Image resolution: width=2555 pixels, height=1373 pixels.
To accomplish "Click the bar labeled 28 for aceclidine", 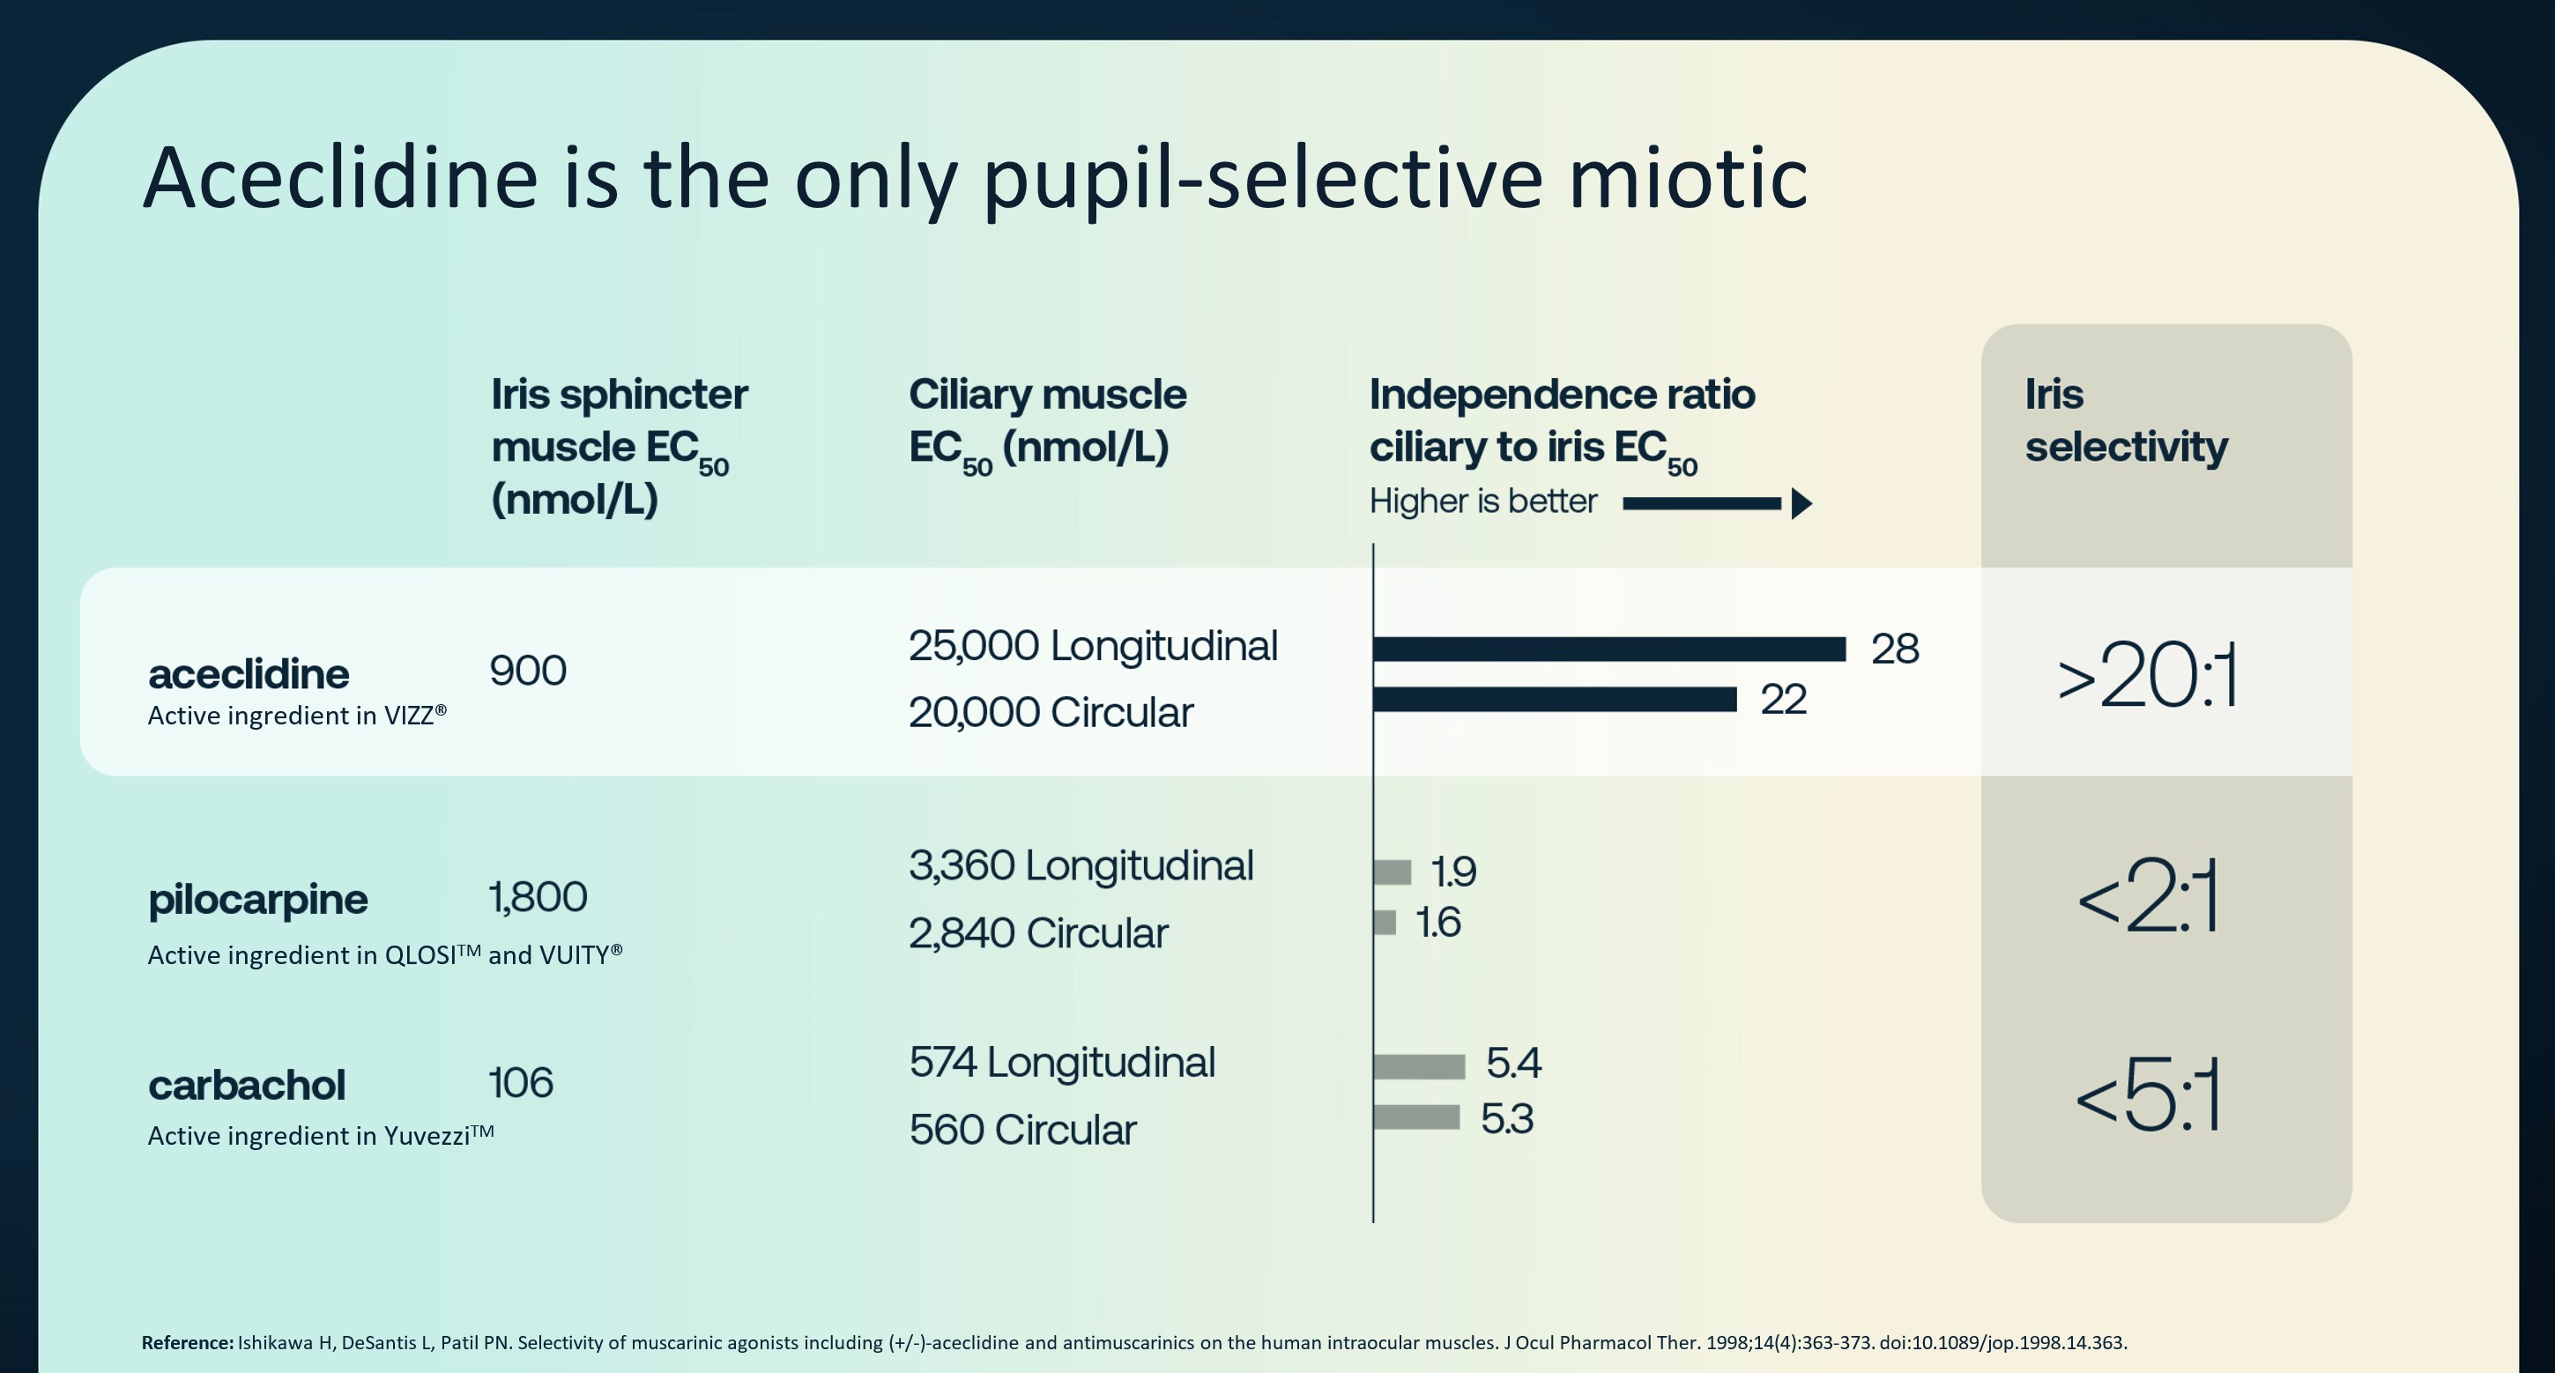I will [1608, 649].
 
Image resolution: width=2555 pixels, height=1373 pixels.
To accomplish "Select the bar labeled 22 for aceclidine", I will [1554, 700].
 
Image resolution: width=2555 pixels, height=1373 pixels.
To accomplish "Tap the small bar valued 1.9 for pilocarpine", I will [1393, 872].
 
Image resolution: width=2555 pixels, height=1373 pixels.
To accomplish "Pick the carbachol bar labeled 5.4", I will [1419, 1066].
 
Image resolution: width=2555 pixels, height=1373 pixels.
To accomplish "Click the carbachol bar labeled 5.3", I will [1416, 1117].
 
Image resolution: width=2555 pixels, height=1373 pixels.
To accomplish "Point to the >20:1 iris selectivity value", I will [2146, 677].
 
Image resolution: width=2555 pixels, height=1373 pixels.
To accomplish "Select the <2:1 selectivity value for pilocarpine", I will [2146, 898].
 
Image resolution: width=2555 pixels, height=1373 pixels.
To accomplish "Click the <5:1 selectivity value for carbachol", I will [2146, 1096].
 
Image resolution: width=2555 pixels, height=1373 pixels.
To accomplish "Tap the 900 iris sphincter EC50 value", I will [528, 672].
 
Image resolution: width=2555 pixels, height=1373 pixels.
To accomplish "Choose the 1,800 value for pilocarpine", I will [538, 897].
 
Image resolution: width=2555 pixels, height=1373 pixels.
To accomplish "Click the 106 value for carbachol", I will [521, 1082].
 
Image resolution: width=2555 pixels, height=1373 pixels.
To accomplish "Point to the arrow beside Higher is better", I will [1717, 504].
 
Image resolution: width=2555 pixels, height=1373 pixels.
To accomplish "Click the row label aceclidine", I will [248, 674].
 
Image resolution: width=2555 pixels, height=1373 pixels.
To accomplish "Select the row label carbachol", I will [246, 1086].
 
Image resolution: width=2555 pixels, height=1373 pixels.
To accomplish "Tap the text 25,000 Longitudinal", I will [1092, 646].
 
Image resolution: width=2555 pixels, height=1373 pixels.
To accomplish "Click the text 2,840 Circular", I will [1037, 933].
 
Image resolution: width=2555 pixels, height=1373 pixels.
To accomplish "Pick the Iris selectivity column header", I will [2125, 420].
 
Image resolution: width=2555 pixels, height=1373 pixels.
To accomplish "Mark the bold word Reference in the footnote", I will [187, 1343].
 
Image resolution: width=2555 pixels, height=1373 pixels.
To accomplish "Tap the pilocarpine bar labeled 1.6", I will [1385, 923].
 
